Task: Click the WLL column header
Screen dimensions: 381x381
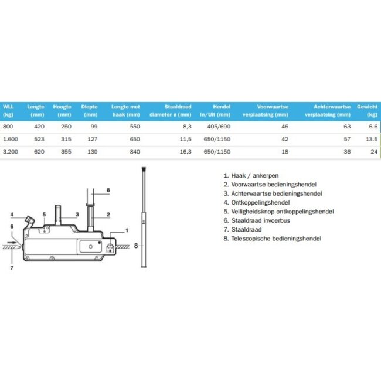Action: click(x=8, y=107)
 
